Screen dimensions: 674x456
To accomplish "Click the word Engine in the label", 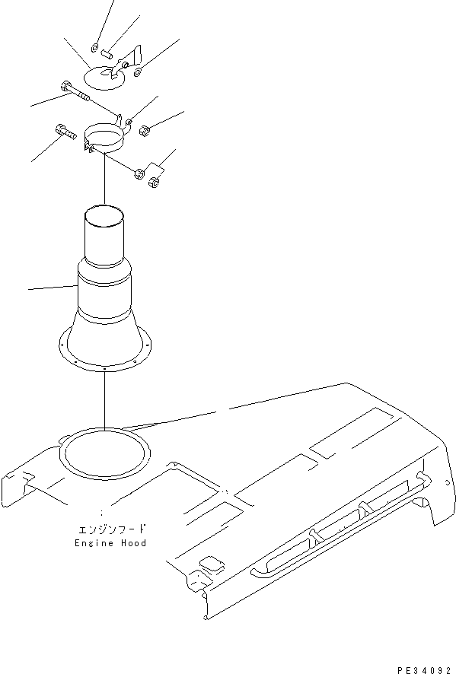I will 92,543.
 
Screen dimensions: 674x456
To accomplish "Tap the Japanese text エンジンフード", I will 110,529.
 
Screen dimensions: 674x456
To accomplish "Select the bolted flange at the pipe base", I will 103,357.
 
